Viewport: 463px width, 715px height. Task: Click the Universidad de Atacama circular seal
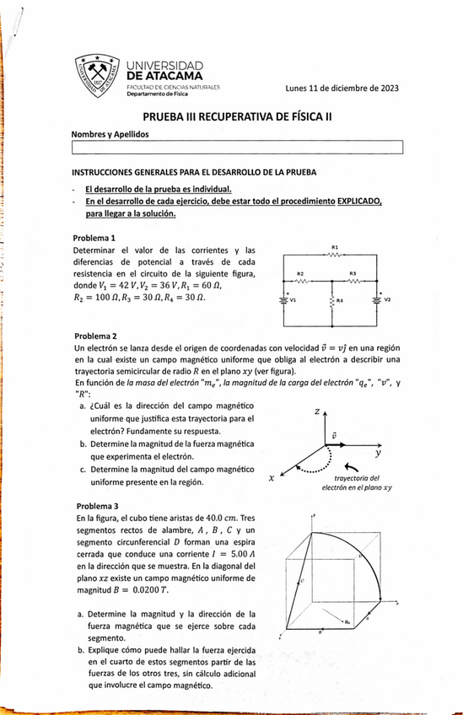(95, 76)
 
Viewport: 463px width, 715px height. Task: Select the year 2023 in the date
(386, 88)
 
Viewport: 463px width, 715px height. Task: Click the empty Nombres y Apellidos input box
(239, 149)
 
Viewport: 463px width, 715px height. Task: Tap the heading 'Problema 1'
(95, 238)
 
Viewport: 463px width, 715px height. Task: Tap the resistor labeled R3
(353, 282)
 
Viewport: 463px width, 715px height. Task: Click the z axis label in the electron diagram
(315, 412)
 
